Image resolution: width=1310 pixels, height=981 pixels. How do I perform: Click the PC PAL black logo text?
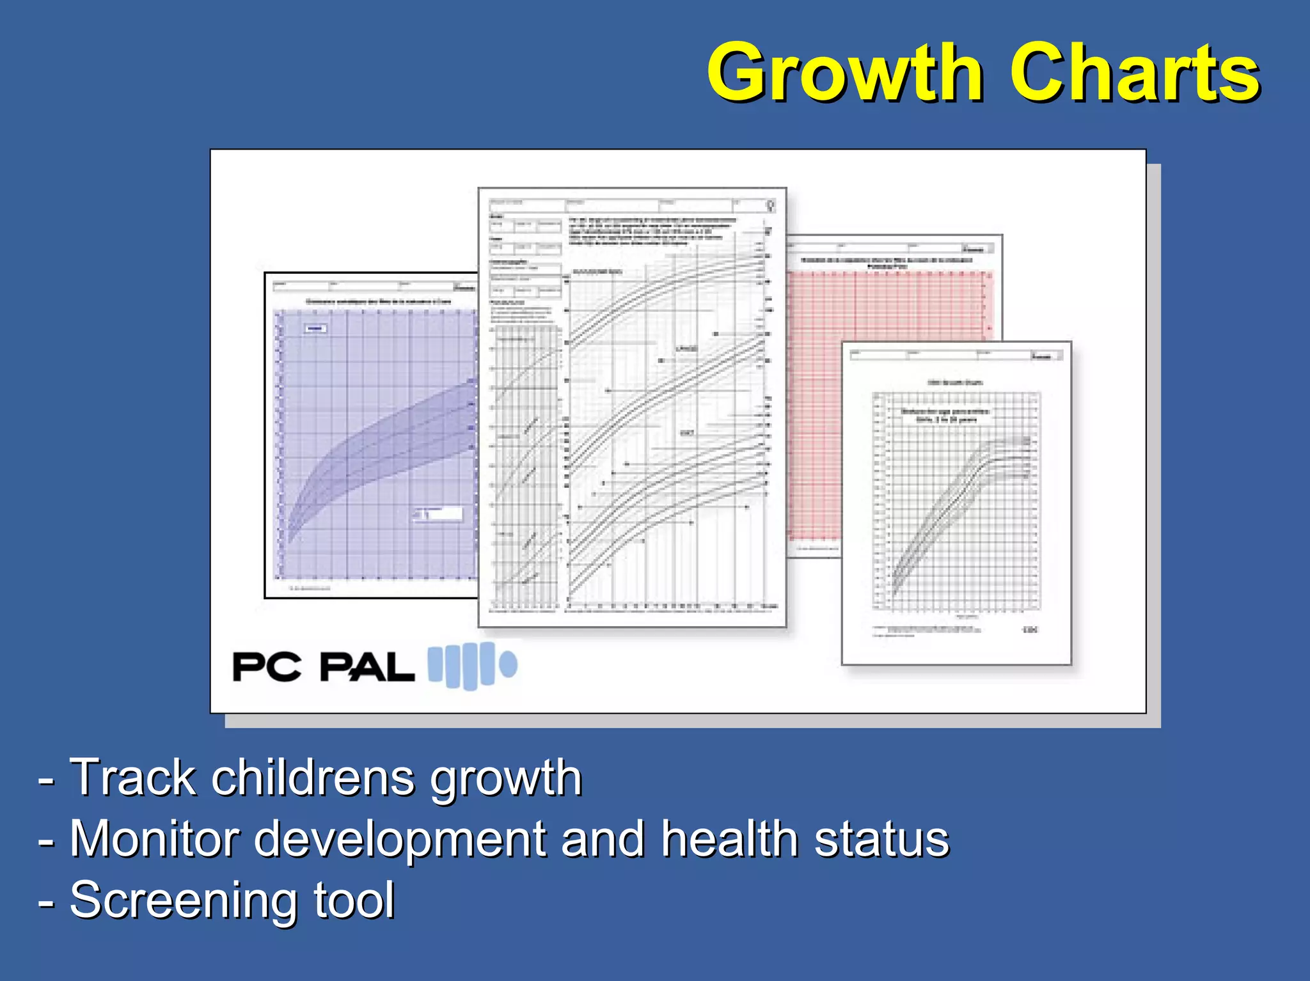[x=323, y=667]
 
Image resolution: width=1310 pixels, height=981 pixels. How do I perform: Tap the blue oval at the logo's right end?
[x=509, y=664]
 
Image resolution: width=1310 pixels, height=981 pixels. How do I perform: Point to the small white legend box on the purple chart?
[x=438, y=514]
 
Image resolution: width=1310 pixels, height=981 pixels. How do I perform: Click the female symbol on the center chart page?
[x=771, y=206]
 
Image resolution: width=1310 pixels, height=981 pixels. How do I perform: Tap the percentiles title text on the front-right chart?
[x=945, y=415]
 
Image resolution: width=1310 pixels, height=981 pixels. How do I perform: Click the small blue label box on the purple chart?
[x=315, y=328]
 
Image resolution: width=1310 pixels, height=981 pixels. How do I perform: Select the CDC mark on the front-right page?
[x=1030, y=630]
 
